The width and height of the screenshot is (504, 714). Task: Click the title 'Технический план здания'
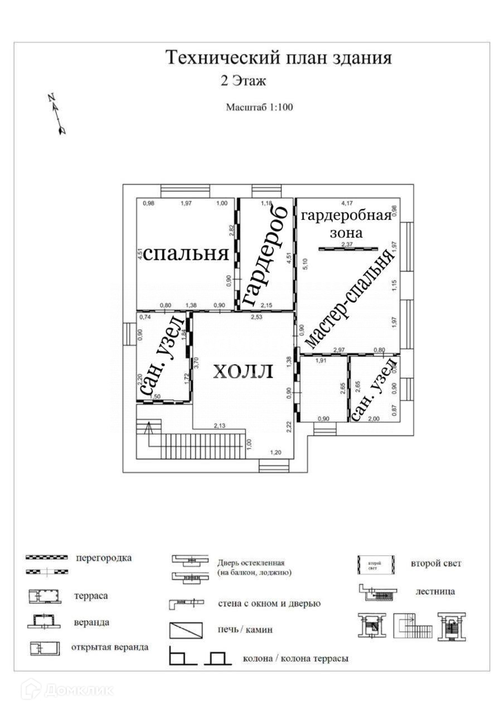tap(279, 58)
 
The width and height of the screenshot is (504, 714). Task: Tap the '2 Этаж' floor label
tap(244, 81)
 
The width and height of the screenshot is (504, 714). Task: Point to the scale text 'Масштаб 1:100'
tap(259, 107)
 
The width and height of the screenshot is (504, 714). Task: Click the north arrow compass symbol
tap(57, 114)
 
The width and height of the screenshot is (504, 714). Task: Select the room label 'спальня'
tap(186, 254)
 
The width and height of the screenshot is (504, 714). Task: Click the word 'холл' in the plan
tap(243, 371)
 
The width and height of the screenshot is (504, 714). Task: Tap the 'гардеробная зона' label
tap(346, 224)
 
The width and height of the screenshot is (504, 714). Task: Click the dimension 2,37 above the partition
tap(348, 244)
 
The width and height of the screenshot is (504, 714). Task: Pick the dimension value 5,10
tap(304, 264)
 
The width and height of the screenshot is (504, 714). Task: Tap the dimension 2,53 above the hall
tap(257, 317)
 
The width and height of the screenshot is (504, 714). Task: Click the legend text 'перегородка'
tap(104, 558)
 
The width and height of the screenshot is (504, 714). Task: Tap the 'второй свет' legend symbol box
tap(376, 565)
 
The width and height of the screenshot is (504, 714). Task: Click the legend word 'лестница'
tap(435, 591)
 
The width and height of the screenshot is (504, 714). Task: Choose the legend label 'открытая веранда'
tap(110, 648)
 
